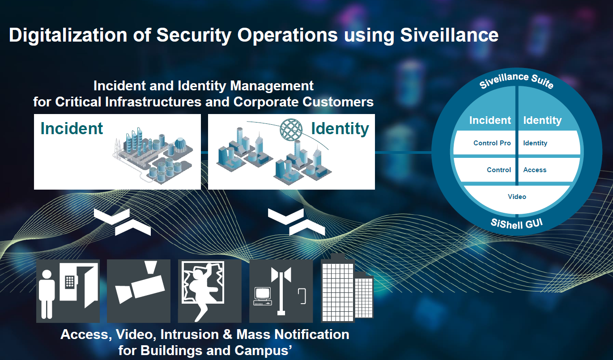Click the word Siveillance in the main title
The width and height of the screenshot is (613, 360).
449,35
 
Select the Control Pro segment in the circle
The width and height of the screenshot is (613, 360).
485,143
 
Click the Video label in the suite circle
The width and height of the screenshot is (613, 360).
517,197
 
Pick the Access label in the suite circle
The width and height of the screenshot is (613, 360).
535,170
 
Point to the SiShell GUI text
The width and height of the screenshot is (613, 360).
517,224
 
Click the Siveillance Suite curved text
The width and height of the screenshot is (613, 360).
517,80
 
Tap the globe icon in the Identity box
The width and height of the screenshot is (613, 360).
291,129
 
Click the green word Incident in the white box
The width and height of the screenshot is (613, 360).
72,128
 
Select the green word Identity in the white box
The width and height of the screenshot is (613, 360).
340,129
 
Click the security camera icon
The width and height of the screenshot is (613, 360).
140,285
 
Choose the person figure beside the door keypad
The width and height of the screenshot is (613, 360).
47,294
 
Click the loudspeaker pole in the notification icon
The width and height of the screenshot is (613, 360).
281,291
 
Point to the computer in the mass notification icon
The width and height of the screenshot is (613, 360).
263,296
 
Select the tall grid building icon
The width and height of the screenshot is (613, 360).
338,290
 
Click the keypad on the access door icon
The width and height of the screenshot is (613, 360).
70,282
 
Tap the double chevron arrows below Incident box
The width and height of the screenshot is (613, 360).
122,222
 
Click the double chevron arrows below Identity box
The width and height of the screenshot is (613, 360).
296,222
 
